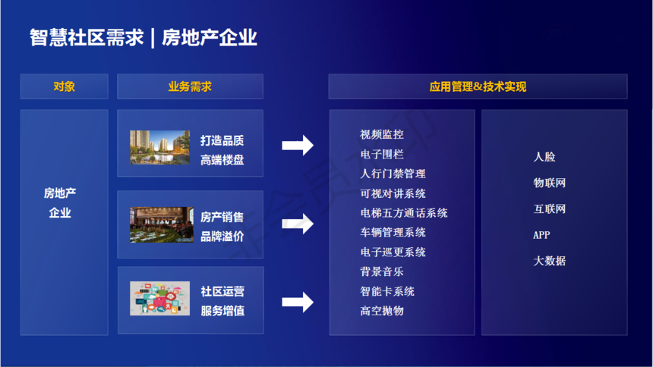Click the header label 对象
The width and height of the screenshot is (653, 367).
click(x=64, y=86)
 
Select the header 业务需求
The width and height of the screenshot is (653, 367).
click(x=190, y=86)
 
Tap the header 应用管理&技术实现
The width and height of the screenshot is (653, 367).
click(x=478, y=86)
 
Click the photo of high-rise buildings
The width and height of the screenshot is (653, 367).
click(x=160, y=147)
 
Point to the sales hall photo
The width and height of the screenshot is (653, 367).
click(x=162, y=224)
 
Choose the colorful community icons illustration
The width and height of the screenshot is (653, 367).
click(x=160, y=298)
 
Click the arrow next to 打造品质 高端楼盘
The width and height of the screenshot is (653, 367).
click(x=298, y=146)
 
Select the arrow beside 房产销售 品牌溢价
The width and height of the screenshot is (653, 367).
click(x=298, y=224)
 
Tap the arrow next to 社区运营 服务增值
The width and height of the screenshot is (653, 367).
click(x=298, y=302)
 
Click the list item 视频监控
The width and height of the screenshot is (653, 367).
click(x=382, y=134)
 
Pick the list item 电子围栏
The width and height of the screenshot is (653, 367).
click(x=382, y=155)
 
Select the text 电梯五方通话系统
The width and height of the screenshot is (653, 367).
click(x=404, y=213)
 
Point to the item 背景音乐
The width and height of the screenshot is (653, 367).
click(x=382, y=271)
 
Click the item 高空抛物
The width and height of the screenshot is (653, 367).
click(x=382, y=311)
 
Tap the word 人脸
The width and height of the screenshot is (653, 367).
click(x=544, y=157)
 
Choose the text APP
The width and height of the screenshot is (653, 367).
click(x=541, y=235)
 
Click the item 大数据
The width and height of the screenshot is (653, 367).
click(x=550, y=261)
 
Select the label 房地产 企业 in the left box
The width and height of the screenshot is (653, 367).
click(x=60, y=203)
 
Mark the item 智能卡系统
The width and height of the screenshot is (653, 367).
click(x=387, y=291)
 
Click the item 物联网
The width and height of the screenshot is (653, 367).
click(x=550, y=183)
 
